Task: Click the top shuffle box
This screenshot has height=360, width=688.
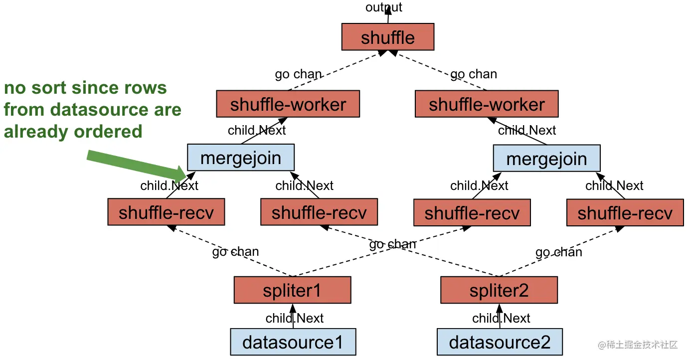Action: tap(387, 37)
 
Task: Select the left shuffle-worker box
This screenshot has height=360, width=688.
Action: tap(288, 104)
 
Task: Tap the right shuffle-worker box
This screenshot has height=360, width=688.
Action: tap(487, 104)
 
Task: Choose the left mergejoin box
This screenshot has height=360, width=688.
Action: tap(241, 158)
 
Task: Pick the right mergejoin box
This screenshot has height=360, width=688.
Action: tap(546, 159)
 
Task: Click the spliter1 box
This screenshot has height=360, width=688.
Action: tap(292, 290)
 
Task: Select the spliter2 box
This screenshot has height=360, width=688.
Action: tap(499, 290)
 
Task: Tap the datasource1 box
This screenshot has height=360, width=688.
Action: tap(293, 342)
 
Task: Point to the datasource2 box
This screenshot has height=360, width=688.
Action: tap(500, 342)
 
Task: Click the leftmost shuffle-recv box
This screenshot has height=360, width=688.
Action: tap(166, 212)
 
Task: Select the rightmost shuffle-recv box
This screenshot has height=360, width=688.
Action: tap(625, 212)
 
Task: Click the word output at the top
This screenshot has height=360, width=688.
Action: tap(383, 7)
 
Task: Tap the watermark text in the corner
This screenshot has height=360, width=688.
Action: tap(638, 345)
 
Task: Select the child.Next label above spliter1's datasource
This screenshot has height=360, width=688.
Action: tap(295, 318)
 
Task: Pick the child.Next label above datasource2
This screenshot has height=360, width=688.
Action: tap(501, 318)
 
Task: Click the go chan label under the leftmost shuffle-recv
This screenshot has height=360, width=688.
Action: tap(235, 251)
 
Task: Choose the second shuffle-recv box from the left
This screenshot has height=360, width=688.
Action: tap(319, 212)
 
